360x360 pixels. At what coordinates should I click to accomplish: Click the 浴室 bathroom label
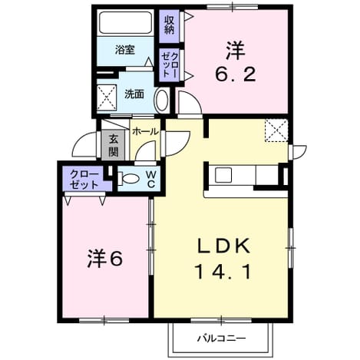pyautogui.click(x=125, y=50)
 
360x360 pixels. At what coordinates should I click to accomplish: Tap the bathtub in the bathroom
pyautogui.click(x=125, y=22)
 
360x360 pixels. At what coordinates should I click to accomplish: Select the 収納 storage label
pyautogui.click(x=169, y=25)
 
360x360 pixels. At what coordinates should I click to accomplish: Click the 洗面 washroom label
pyautogui.click(x=134, y=94)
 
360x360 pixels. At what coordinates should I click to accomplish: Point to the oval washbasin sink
pyautogui.click(x=162, y=100)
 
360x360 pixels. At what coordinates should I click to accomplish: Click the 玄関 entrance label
pyautogui.click(x=113, y=145)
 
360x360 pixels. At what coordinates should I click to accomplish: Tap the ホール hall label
pyautogui.click(x=145, y=132)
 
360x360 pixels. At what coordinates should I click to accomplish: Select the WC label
pyautogui.click(x=151, y=179)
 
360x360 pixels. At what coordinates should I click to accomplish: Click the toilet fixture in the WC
pyautogui.click(x=128, y=178)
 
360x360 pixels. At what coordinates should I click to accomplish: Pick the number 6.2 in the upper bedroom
pyautogui.click(x=236, y=74)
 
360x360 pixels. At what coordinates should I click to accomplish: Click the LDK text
pyautogui.click(x=223, y=246)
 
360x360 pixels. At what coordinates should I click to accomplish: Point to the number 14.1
pyautogui.click(x=223, y=272)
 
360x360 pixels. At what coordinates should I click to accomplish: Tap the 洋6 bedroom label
pyautogui.click(x=105, y=258)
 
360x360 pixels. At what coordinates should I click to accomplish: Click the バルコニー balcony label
pyautogui.click(x=221, y=339)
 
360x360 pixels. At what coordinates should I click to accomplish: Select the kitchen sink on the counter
pyautogui.click(x=223, y=175)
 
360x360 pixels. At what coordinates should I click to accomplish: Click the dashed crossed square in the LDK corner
pyautogui.click(x=276, y=130)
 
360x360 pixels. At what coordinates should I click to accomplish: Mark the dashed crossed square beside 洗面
pyautogui.click(x=107, y=97)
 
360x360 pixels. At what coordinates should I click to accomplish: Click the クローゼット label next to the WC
pyautogui.click(x=84, y=179)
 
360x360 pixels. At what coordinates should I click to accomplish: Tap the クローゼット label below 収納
pyautogui.click(x=169, y=64)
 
